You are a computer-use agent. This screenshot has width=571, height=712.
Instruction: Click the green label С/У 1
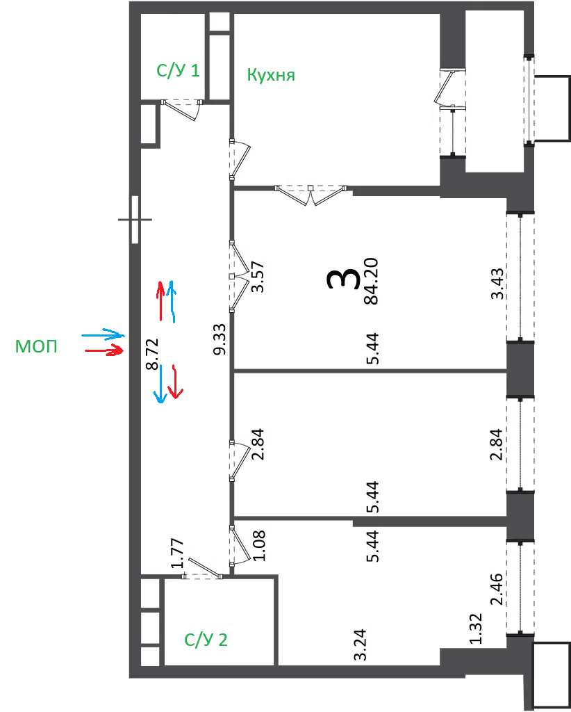[x=178, y=71]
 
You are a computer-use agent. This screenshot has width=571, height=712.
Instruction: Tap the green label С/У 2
[x=206, y=640]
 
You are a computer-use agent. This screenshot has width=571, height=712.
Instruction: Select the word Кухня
[x=271, y=75]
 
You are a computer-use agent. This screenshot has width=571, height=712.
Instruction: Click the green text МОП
[x=36, y=347]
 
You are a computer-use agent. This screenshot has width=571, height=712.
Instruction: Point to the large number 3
[x=343, y=279]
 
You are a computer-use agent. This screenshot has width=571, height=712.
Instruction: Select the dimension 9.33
[x=222, y=339]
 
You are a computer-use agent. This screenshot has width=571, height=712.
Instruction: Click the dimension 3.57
[x=257, y=277]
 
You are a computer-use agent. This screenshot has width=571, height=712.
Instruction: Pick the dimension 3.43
[x=497, y=284]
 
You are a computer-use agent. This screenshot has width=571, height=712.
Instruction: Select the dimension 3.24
[x=361, y=645]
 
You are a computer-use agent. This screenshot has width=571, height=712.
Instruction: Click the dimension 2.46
[x=497, y=589]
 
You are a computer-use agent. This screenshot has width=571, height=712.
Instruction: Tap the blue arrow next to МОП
[x=103, y=334]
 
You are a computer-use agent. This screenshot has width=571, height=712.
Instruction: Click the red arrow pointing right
[x=105, y=350]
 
